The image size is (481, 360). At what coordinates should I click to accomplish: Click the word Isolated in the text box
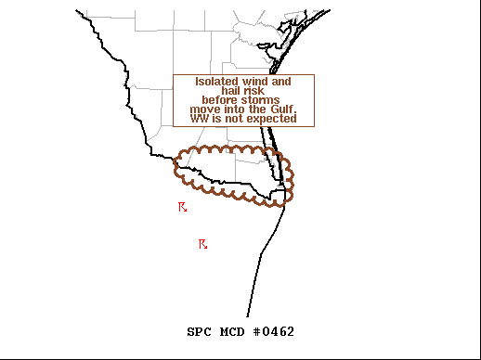point(216,82)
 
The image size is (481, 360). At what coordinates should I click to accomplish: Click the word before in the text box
point(221,100)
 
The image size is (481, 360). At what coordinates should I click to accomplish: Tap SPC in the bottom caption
point(199,332)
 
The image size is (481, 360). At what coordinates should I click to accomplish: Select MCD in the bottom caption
point(233,332)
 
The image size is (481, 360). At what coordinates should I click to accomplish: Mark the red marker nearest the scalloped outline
point(183,207)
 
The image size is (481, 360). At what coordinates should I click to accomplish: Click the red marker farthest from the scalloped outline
point(202,244)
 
